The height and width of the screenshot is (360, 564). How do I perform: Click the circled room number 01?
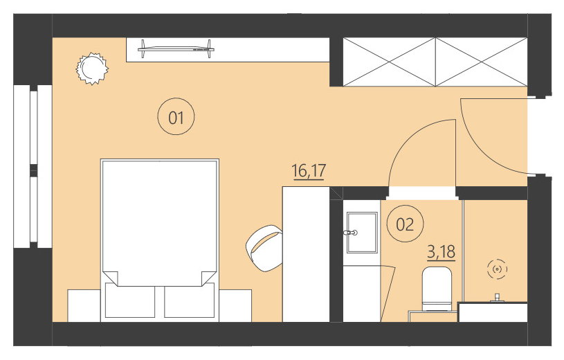click(176, 118)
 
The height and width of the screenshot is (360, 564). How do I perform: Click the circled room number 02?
click(404, 224)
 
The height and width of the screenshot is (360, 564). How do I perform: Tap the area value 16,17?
click(309, 171)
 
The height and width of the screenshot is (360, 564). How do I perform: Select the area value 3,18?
click(441, 251)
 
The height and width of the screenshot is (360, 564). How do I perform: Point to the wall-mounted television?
click(175, 47)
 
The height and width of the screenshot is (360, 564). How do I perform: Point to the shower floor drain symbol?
click(497, 269)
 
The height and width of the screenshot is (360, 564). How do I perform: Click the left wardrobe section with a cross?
click(389, 62)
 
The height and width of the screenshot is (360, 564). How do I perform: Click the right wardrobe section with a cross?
click(481, 62)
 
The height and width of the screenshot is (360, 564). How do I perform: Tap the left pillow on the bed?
click(129, 300)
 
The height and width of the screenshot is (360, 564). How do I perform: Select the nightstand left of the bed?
click(84, 305)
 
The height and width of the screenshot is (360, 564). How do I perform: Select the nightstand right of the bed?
click(235, 305)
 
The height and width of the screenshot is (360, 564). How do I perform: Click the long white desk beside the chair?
click(305, 253)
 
